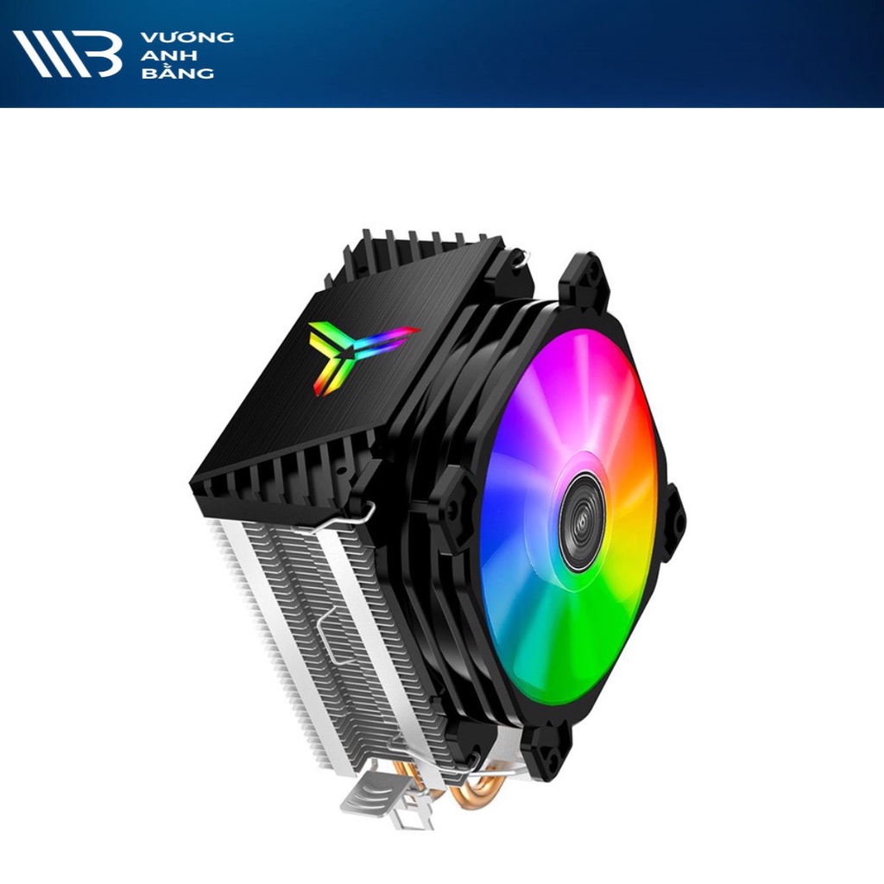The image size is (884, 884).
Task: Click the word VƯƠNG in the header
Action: tap(186, 38)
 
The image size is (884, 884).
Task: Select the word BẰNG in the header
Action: tap(177, 72)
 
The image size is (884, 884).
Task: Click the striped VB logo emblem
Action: tap(67, 54)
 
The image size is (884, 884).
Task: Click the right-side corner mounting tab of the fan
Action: tap(672, 521)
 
